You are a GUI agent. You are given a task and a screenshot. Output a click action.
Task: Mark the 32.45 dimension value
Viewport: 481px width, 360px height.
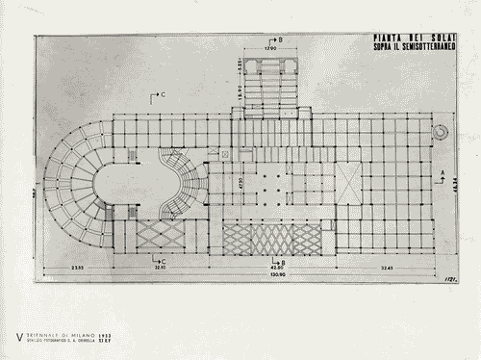387,266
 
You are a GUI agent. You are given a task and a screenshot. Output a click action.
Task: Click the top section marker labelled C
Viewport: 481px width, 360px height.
160,93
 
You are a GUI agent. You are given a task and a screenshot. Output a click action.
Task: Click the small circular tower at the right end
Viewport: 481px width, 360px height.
442,130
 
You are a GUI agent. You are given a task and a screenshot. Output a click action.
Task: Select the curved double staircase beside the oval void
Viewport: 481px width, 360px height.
176,184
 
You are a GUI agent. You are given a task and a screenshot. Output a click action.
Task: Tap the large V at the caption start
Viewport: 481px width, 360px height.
19,336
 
